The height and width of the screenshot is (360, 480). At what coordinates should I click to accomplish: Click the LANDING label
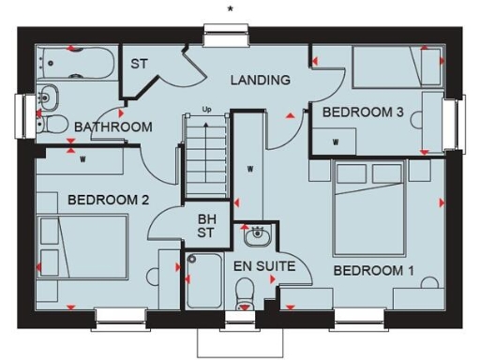coord(260,80)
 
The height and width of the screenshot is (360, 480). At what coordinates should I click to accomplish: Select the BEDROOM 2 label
coord(109,199)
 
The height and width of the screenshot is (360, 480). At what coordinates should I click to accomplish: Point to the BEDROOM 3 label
coord(363,112)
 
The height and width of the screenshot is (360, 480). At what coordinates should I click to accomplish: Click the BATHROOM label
coord(113,127)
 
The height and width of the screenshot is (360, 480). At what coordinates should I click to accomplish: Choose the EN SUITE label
coord(263,266)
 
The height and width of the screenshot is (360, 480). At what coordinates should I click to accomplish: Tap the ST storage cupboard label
coord(140,65)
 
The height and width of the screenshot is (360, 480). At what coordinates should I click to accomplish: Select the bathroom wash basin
coord(48,96)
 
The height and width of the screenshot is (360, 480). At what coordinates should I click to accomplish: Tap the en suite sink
coord(255,234)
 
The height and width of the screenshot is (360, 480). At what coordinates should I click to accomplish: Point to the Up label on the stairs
coord(207,110)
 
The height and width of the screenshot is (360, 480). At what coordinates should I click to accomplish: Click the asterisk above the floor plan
coord(230,9)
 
